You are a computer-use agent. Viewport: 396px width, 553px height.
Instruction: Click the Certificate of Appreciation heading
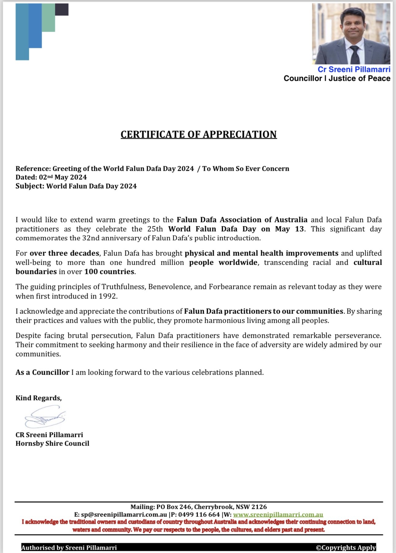tap(199, 134)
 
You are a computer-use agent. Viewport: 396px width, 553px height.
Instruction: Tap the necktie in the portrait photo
tap(355, 55)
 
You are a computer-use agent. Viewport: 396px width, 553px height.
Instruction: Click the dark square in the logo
tap(62, 10)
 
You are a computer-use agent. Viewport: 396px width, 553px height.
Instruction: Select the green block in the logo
tap(48, 18)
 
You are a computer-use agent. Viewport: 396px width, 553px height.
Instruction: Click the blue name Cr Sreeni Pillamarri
tap(354, 70)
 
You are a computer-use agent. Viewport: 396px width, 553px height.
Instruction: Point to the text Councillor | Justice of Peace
tap(337, 79)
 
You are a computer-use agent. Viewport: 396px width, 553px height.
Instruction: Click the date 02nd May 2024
tap(63, 177)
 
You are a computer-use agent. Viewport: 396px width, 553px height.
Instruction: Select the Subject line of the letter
tap(76, 186)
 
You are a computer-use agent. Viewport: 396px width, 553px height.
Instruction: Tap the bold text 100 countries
tap(110, 272)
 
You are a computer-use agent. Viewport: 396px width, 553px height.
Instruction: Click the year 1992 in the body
tap(108, 296)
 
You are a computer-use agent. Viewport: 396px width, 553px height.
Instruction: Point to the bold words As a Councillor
tap(42, 372)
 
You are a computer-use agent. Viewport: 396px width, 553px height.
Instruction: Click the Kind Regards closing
tap(39, 398)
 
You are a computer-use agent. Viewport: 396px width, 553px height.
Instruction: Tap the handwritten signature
tap(45, 417)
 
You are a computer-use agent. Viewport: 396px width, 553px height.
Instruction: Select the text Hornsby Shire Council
tap(52, 443)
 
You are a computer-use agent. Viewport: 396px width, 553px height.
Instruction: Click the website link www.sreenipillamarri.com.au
tap(278, 515)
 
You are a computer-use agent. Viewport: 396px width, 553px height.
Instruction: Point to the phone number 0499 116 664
tap(199, 515)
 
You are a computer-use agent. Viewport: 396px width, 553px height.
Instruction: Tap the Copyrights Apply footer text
tap(346, 547)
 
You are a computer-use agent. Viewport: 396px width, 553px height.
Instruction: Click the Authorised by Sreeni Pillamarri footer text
tap(69, 547)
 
